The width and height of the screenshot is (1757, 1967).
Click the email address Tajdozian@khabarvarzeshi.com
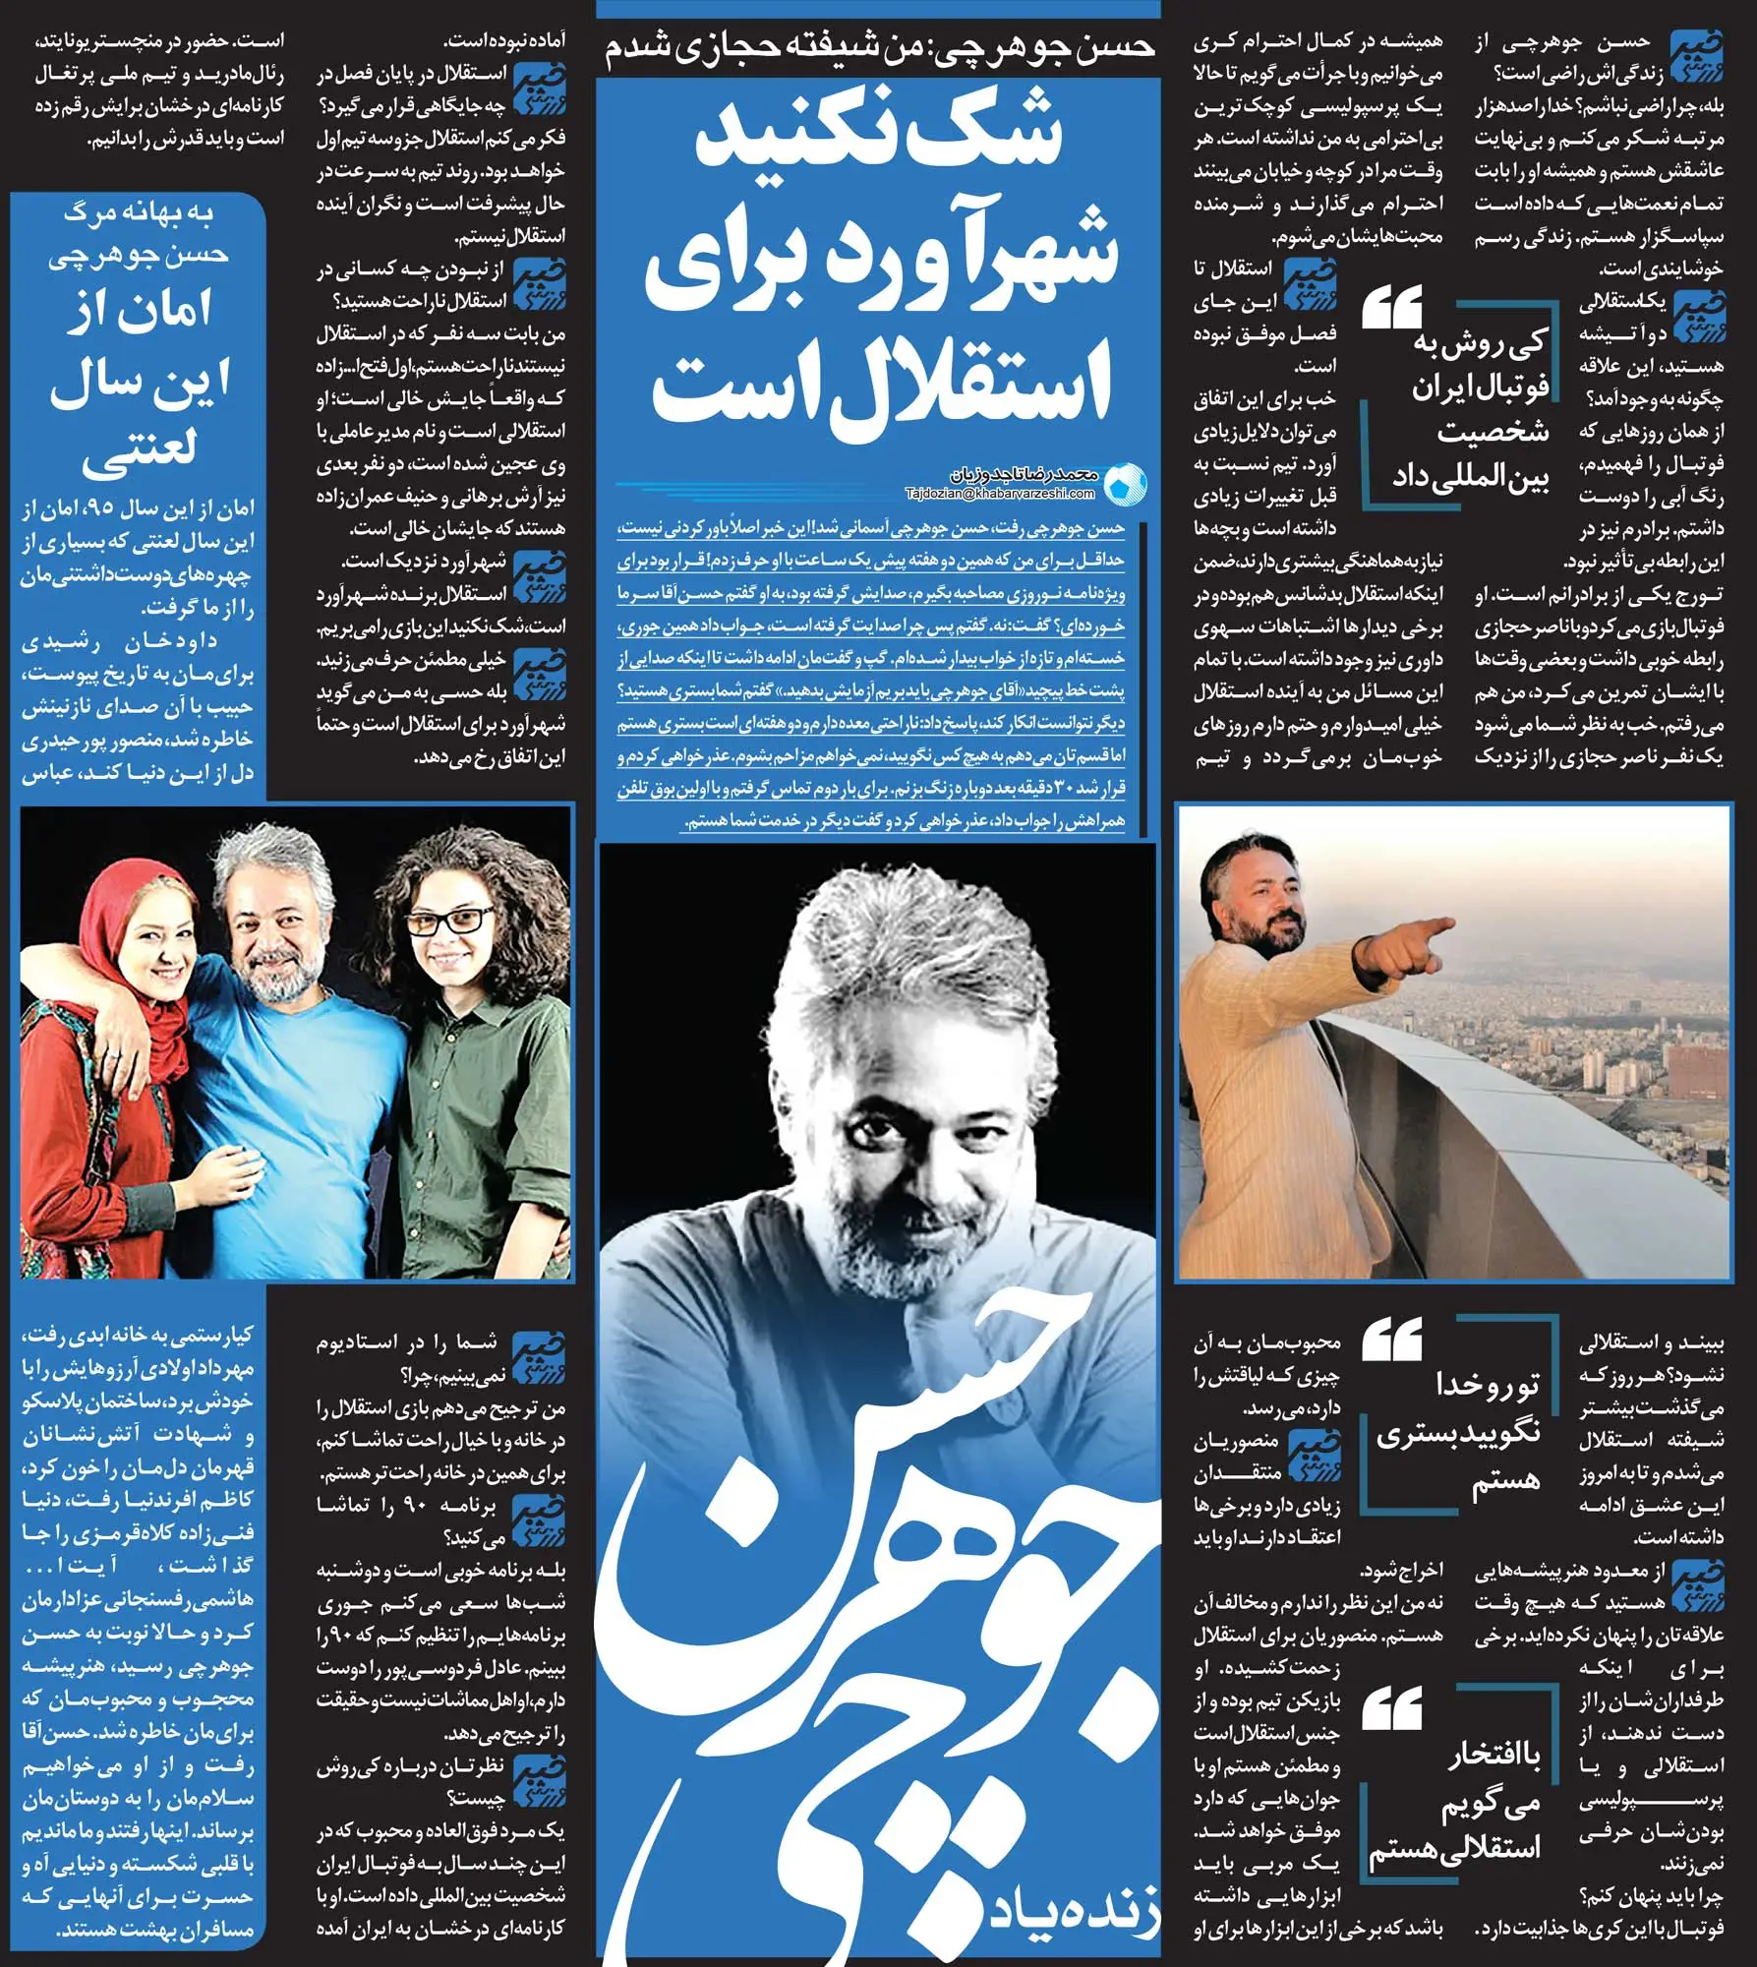click(x=999, y=494)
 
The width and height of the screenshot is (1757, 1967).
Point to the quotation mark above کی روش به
click(x=1392, y=311)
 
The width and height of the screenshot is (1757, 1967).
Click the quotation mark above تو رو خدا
click(x=1392, y=1341)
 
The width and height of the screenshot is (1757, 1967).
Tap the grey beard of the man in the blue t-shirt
click(x=275, y=970)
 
